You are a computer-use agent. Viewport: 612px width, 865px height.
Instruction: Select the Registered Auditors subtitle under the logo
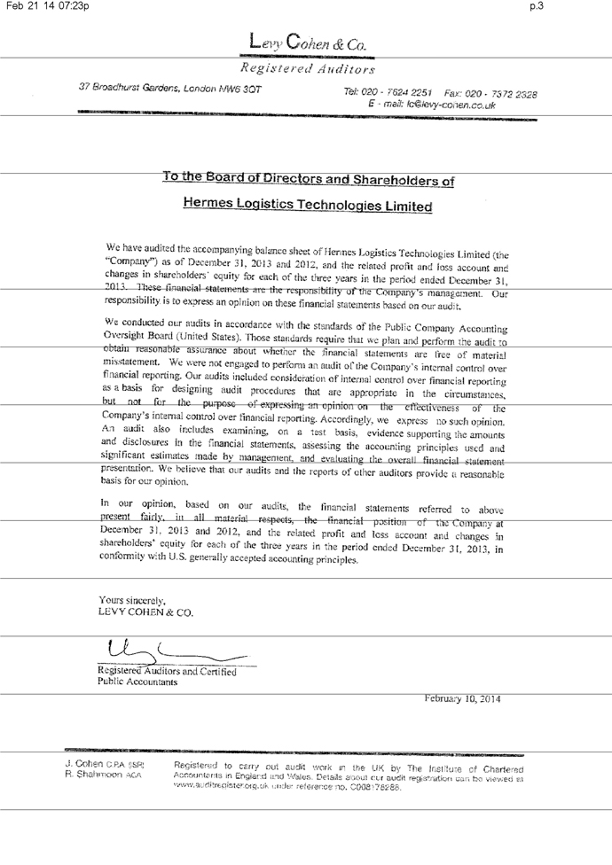pos(307,68)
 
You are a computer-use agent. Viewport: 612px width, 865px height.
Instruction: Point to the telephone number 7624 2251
pos(409,93)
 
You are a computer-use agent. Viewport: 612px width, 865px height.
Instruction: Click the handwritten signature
pos(169,653)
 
